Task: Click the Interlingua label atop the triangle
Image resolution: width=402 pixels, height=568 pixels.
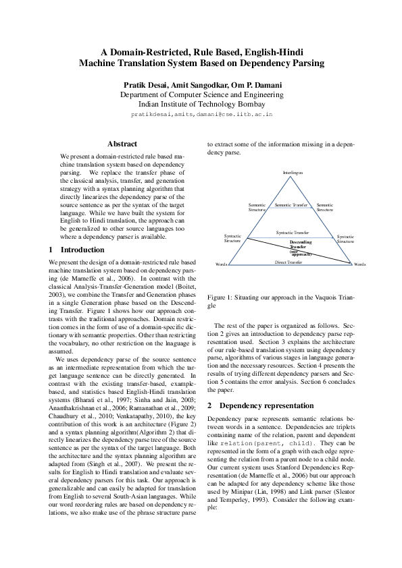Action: point(293,173)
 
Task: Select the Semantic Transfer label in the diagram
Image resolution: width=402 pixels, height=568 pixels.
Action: point(291,204)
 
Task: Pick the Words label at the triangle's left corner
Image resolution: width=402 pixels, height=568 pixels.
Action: point(220,264)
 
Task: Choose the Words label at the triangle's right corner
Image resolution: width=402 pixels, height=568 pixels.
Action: point(359,264)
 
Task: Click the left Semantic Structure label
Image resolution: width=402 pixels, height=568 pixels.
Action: point(257,207)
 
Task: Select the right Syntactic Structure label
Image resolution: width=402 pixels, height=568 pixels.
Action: point(345,239)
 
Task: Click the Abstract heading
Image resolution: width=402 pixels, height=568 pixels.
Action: point(122,144)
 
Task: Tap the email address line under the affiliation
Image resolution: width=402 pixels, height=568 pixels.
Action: point(201,115)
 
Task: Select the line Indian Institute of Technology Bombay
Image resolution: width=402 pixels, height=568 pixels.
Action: point(201,105)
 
